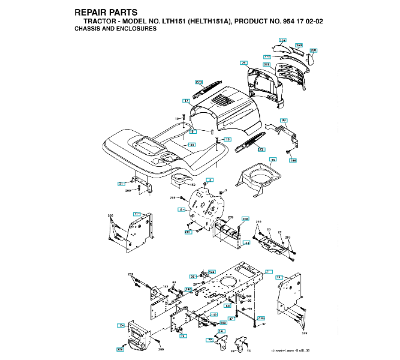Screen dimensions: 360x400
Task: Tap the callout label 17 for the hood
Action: tap(187, 101)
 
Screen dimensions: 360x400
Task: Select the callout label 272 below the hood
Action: tap(261, 148)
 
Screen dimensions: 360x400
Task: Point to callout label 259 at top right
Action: tap(313, 51)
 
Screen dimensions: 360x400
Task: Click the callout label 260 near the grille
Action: tap(299, 45)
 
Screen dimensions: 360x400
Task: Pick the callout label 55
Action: tap(273, 160)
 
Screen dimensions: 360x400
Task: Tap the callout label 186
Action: tap(293, 160)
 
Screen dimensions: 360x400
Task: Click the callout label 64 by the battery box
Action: tap(246, 244)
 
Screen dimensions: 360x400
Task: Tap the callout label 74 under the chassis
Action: tap(184, 335)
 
